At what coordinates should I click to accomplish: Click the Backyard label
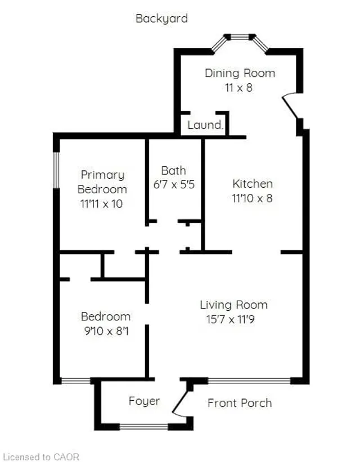161,19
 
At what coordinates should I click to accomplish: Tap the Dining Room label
240,73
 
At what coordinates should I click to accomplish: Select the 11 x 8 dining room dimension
239,88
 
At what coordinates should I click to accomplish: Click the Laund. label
205,125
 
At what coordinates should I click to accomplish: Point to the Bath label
174,170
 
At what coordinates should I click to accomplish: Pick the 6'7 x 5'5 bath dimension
174,185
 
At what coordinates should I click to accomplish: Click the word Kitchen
253,184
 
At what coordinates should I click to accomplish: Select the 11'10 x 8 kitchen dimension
252,198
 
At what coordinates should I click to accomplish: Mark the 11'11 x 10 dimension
101,204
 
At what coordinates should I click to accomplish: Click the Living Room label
234,305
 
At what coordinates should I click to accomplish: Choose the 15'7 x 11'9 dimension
230,319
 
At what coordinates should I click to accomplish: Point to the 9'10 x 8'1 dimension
106,331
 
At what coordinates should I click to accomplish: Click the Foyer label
144,401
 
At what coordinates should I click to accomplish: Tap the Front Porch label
240,403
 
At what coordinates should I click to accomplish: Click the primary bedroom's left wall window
56,170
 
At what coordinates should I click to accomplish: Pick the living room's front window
249,381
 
